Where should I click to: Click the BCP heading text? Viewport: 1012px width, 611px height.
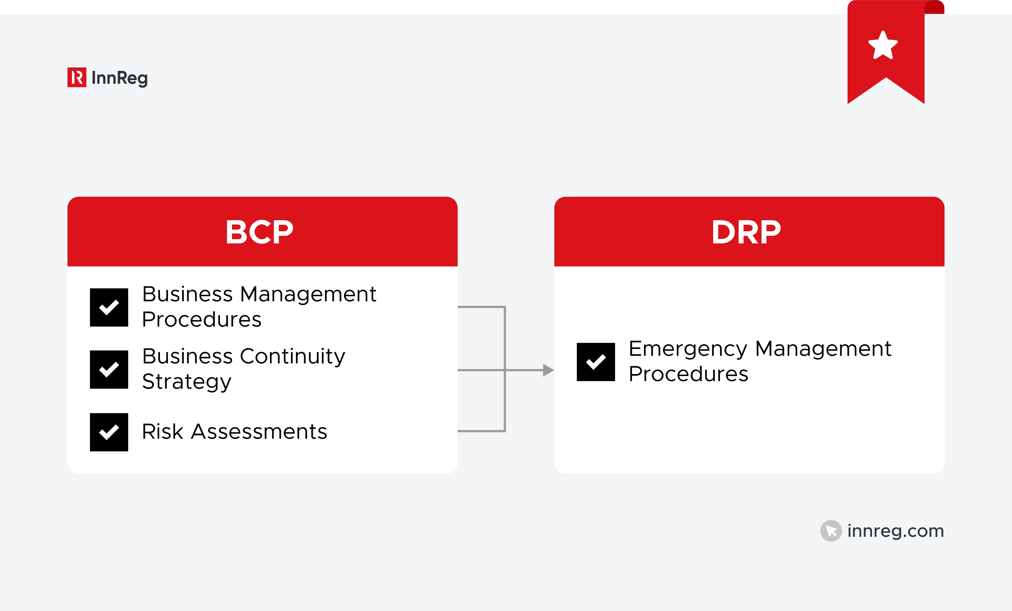[259, 232]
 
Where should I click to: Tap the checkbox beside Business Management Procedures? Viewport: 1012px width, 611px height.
[109, 307]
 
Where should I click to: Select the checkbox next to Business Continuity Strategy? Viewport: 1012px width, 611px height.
[109, 369]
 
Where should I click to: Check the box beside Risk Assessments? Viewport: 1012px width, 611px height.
[109, 432]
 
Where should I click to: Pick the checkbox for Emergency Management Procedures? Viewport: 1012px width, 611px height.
[596, 362]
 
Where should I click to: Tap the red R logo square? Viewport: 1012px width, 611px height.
[77, 77]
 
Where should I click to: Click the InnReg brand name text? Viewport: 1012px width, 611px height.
[119, 78]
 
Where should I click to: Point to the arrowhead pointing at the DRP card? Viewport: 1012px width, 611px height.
[548, 370]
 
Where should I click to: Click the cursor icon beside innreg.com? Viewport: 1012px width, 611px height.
[831, 531]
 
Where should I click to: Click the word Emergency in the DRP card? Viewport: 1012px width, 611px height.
[688, 349]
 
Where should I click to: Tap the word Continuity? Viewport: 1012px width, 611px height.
[292, 356]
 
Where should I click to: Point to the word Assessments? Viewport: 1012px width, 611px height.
[259, 432]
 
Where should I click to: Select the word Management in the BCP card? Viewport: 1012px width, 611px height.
[308, 295]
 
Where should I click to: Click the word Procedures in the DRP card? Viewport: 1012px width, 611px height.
[688, 374]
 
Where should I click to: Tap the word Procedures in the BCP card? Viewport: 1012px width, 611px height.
[202, 320]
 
